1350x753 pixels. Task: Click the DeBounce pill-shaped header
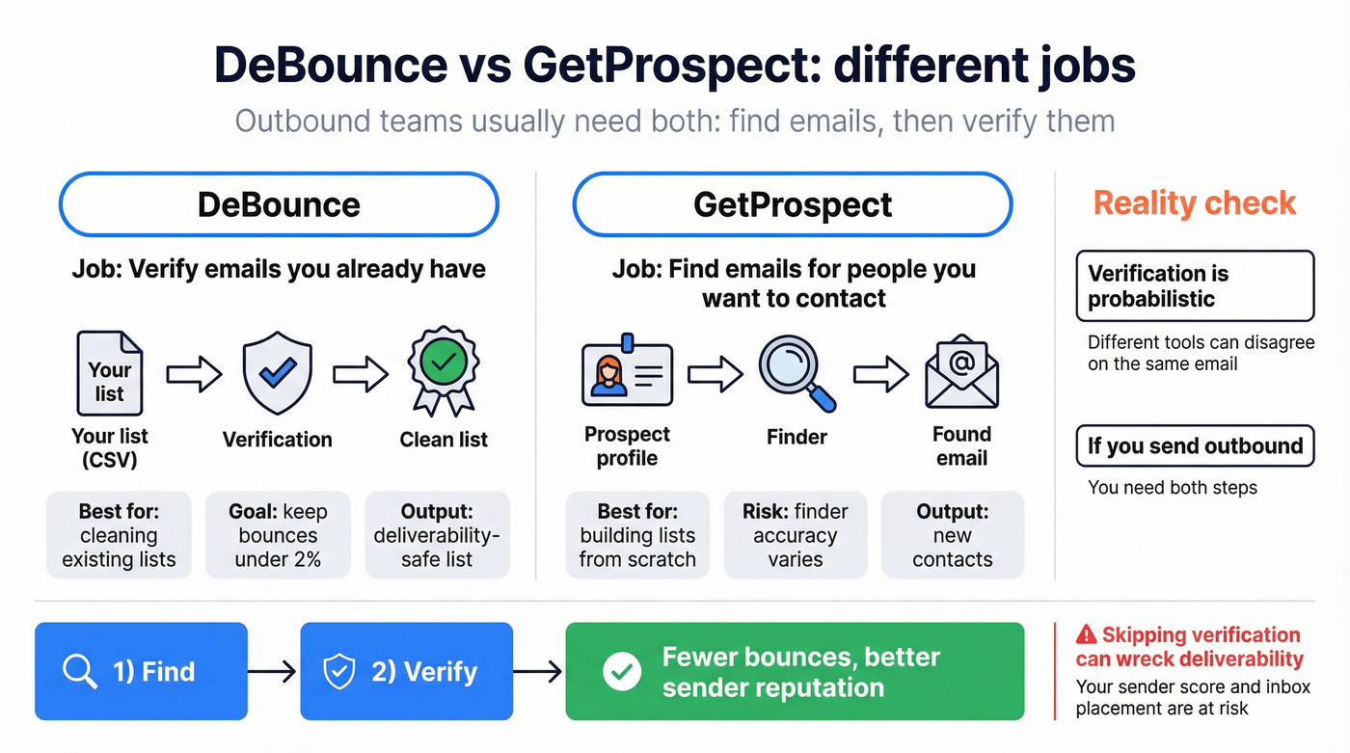(279, 204)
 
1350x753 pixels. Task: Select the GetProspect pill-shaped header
(792, 204)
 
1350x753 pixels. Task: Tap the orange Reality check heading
(1195, 203)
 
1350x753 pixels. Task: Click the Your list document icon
(109, 372)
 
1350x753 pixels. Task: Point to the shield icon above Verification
(278, 373)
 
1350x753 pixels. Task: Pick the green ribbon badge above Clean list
(444, 370)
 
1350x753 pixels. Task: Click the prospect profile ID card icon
(627, 373)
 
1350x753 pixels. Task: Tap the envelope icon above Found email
(961, 372)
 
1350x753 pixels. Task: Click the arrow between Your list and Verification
(194, 373)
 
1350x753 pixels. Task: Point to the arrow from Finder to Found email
(881, 373)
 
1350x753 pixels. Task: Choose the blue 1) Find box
(141, 671)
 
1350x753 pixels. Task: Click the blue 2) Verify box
(407, 671)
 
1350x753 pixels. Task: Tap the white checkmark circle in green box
(621, 672)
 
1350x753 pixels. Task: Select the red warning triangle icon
(1086, 634)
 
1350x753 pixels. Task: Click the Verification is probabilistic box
(1195, 285)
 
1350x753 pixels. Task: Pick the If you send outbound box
(1195, 445)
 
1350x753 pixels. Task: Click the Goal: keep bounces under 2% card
(279, 535)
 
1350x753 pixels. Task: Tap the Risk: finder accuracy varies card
(796, 535)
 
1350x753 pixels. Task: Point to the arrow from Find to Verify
(274, 672)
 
